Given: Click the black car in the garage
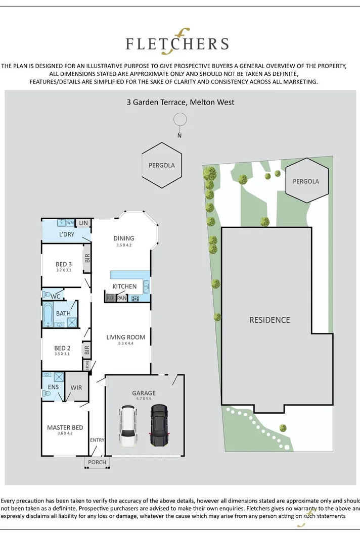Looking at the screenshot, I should (158, 425).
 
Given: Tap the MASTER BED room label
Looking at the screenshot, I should (65, 428).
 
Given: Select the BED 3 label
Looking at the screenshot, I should (64, 264).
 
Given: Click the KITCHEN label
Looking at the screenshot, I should (124, 286).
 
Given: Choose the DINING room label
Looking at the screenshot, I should (124, 238).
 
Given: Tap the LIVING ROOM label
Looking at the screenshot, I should (125, 337).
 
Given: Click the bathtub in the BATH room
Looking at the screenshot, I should (49, 314).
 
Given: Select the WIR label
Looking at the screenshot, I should (77, 387).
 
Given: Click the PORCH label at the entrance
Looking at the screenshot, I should (97, 462).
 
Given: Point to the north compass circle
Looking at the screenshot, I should (179, 120).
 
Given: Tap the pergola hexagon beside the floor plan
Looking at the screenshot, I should (161, 165).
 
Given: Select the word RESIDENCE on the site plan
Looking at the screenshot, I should (269, 320).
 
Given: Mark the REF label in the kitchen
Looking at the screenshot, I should (110, 299).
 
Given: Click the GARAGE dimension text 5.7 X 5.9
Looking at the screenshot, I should (144, 399).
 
